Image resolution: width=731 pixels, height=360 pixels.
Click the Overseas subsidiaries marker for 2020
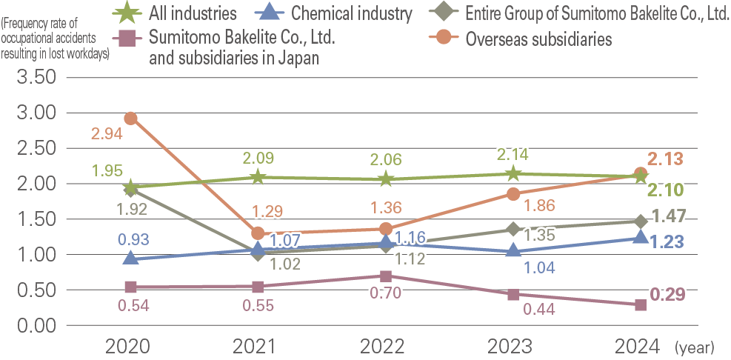pos(131,118)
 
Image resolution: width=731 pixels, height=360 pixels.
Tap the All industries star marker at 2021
pos(258,176)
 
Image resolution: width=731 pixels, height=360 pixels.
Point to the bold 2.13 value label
pos(664,159)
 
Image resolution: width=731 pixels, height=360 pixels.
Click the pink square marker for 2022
pos(385,276)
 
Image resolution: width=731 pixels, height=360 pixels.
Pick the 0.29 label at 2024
pos(666,295)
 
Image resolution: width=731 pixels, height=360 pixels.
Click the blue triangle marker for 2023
pos(513,251)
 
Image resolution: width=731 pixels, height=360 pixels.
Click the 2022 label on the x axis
pos(385,346)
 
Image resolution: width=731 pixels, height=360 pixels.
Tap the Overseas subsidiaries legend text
pos(538,40)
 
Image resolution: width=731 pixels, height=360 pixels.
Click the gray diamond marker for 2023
pos(513,230)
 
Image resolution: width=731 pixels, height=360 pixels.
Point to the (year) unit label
pos(694,347)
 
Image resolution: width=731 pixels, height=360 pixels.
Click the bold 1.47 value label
pos(669,216)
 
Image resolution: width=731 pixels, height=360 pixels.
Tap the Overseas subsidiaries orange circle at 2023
pos(513,194)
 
